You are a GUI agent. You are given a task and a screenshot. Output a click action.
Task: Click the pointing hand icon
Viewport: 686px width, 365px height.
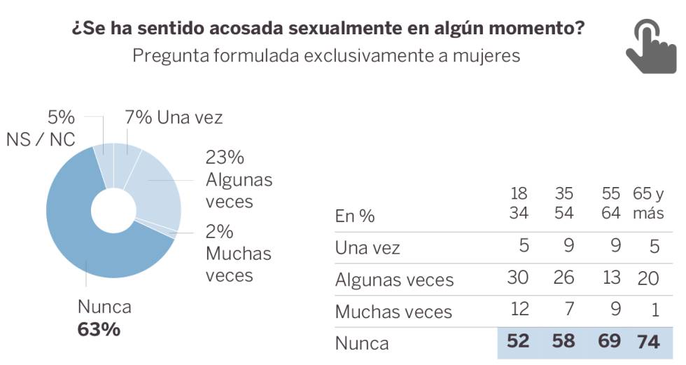point(650,46)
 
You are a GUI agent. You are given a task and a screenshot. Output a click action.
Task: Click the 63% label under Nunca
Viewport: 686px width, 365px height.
point(99,329)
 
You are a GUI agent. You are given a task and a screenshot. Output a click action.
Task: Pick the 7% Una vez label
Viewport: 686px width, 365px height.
point(174,118)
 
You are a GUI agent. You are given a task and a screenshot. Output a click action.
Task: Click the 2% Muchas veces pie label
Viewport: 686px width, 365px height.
point(238,253)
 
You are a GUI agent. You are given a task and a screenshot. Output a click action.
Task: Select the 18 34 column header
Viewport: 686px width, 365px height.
point(519,203)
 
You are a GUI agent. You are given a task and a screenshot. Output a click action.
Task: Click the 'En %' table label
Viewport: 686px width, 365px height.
point(355,216)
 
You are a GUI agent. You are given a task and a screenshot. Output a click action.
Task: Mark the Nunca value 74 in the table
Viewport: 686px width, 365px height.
point(648,343)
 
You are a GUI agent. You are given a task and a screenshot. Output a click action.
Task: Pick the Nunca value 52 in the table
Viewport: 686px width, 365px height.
point(519,343)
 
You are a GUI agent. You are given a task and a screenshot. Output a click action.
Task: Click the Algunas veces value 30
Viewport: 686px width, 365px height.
point(519,279)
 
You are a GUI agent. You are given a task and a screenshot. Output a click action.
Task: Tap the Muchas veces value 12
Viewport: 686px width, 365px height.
point(519,310)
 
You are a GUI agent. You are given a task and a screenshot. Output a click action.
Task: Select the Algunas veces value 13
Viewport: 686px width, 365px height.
point(610,279)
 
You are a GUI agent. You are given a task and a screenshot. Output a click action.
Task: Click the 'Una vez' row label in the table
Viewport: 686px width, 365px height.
point(367,247)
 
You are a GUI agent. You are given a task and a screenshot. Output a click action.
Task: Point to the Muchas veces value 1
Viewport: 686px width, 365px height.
point(652,310)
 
